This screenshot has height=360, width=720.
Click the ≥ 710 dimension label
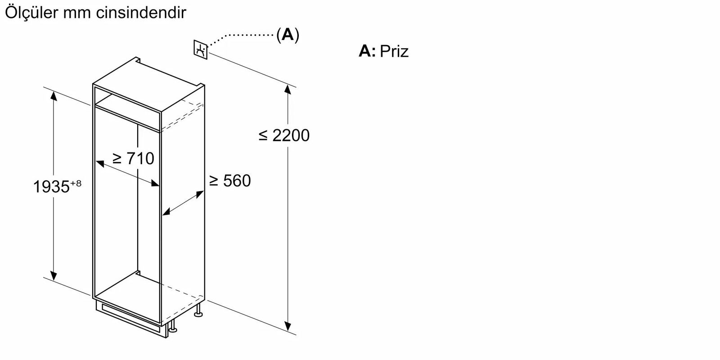click(x=133, y=158)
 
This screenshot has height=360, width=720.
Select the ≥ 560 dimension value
click(x=230, y=181)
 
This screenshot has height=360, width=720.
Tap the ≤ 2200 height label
click(x=284, y=135)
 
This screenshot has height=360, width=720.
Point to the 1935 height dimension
click(x=51, y=187)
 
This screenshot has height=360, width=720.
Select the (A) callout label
click(x=287, y=35)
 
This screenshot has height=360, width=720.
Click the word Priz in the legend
click(x=394, y=51)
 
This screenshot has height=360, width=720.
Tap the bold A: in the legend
click(x=367, y=51)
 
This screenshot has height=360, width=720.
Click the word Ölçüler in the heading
click(x=31, y=13)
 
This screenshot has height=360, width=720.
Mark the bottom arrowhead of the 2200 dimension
click(x=288, y=325)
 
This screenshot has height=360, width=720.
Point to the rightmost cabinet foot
click(x=198, y=312)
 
